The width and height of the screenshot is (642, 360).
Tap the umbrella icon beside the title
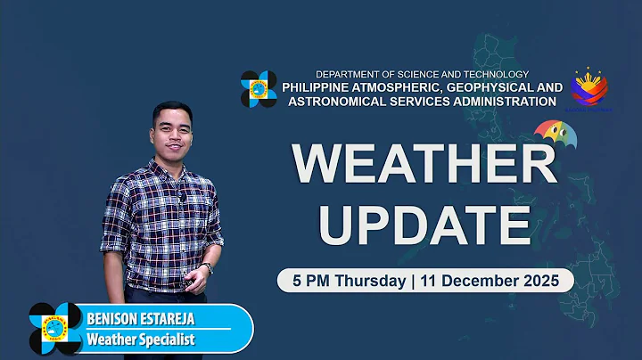[x=555, y=135]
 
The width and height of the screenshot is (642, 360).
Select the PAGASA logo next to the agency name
[x=259, y=89]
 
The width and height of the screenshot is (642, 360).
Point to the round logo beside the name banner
[x=55, y=329]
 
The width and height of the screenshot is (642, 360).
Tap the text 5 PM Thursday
[x=342, y=280]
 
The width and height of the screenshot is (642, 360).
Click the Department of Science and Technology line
[x=423, y=74]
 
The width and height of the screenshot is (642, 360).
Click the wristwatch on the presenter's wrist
[x=207, y=267]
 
